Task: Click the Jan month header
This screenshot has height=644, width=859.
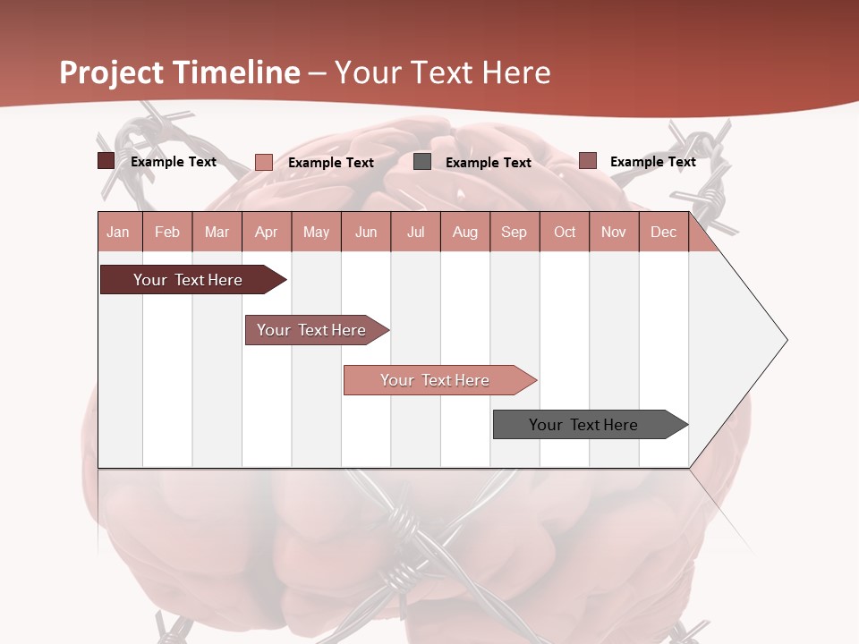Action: coord(119,232)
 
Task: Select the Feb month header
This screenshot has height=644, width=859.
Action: coord(167,232)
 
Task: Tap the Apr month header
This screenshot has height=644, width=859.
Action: coord(267,232)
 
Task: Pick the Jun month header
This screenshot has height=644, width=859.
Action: coord(366,232)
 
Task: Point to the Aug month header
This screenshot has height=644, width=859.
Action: coord(465,232)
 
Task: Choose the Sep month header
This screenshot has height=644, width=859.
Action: coord(515,232)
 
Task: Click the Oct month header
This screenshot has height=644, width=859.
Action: coord(565,232)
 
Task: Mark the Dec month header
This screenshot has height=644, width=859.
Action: coord(664,232)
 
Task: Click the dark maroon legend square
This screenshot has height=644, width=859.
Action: coord(106,161)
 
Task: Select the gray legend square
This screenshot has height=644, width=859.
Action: coord(422,162)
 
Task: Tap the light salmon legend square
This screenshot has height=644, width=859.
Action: coord(264,162)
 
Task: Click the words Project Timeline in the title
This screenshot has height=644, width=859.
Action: coord(180,72)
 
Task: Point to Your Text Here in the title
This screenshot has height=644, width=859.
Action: coord(443,72)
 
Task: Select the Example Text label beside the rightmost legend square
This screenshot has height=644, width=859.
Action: coord(652,161)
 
